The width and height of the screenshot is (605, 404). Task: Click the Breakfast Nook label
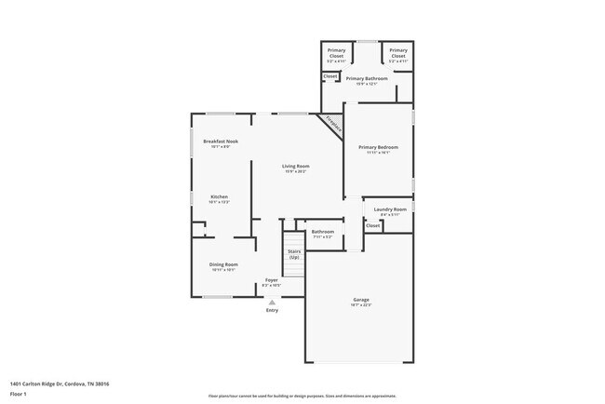(220, 141)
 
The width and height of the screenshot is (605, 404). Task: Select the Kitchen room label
(220, 196)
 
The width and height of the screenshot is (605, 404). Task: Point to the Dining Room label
(224, 265)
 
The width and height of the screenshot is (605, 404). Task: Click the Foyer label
(271, 279)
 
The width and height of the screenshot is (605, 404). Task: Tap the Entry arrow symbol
(272, 302)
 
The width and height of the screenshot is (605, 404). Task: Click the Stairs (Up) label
(294, 253)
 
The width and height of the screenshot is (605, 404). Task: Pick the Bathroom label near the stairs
(322, 232)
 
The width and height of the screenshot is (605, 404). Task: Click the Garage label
(361, 301)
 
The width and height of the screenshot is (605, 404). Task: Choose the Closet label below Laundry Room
(372, 225)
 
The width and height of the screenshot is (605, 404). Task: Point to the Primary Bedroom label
(379, 147)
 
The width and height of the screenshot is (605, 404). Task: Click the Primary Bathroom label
(366, 79)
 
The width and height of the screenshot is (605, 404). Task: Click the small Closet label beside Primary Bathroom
(330, 75)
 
